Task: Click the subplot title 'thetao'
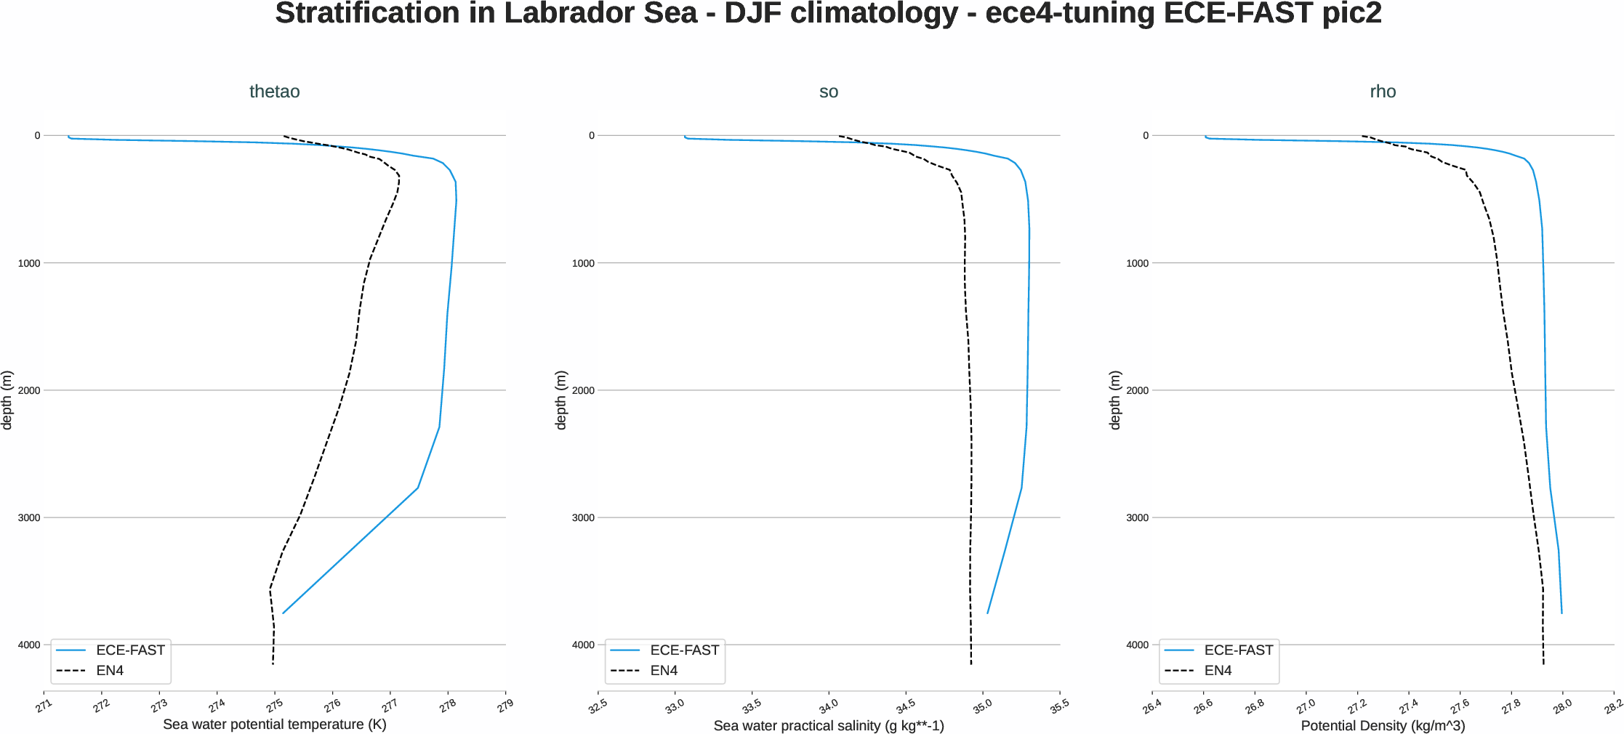274,92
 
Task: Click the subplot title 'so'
828,92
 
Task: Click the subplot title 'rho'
1382,92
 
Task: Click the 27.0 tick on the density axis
1306,706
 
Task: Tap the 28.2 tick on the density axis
1613,706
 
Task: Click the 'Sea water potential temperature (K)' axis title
274,725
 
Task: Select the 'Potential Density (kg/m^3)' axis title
1382,725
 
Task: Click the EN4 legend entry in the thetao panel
110,670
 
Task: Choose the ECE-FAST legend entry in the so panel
683,650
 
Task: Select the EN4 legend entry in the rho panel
1218,670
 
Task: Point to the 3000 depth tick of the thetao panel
29,517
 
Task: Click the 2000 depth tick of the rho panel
1137,390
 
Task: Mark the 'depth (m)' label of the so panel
560,400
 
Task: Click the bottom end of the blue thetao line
283,613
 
